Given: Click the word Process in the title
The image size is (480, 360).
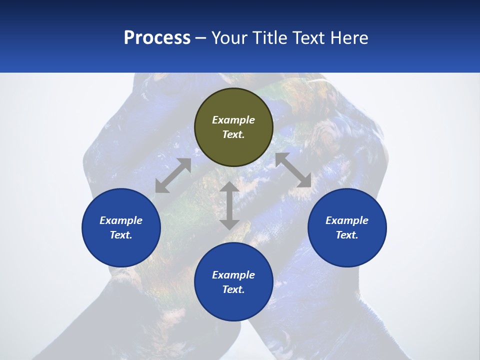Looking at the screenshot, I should [x=157, y=38].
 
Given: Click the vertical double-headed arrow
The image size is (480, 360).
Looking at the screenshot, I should [x=229, y=205].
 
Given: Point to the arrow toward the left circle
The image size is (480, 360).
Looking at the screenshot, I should [x=173, y=175].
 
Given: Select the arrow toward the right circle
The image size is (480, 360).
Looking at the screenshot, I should [x=293, y=170].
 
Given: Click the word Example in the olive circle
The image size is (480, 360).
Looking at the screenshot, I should [x=233, y=120].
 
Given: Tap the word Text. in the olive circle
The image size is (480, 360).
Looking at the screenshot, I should [x=233, y=134].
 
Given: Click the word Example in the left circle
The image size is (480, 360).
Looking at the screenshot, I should [x=121, y=220].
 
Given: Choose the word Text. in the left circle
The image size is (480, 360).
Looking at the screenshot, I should [x=121, y=235].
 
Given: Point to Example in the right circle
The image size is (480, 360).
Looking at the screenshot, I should [x=347, y=220].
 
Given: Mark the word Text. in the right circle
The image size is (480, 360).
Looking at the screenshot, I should [x=347, y=235].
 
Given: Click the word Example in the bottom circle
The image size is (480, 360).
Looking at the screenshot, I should [x=233, y=275].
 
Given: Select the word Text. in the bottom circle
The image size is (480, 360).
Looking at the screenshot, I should [x=233, y=289].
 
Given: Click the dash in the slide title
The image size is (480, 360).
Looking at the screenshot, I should [x=201, y=38].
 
